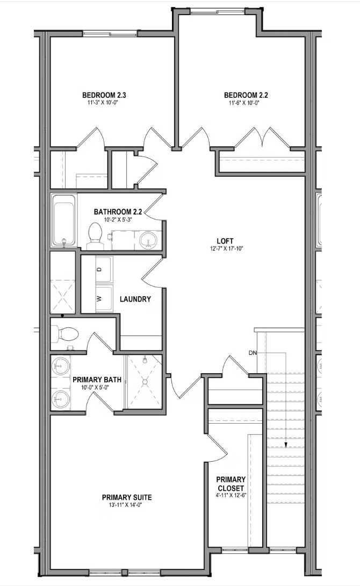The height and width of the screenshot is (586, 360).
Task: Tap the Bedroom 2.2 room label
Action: click(246, 95)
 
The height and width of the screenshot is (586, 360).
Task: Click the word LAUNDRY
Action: click(135, 299)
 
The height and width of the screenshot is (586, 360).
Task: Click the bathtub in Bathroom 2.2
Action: click(64, 221)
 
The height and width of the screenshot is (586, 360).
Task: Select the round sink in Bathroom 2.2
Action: click(146, 240)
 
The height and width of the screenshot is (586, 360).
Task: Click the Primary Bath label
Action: click(97, 380)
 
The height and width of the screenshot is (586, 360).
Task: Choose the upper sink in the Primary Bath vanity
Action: click(60, 368)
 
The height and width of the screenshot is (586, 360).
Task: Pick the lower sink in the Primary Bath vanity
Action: click(60, 399)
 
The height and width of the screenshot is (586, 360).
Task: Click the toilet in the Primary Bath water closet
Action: click(67, 334)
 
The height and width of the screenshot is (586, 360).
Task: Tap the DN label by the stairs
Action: click(253, 353)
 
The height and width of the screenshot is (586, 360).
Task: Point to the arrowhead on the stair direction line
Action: click(286, 445)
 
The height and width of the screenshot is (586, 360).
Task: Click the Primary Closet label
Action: click(231, 483)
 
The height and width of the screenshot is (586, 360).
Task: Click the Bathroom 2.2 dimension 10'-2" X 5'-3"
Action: click(118, 219)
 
